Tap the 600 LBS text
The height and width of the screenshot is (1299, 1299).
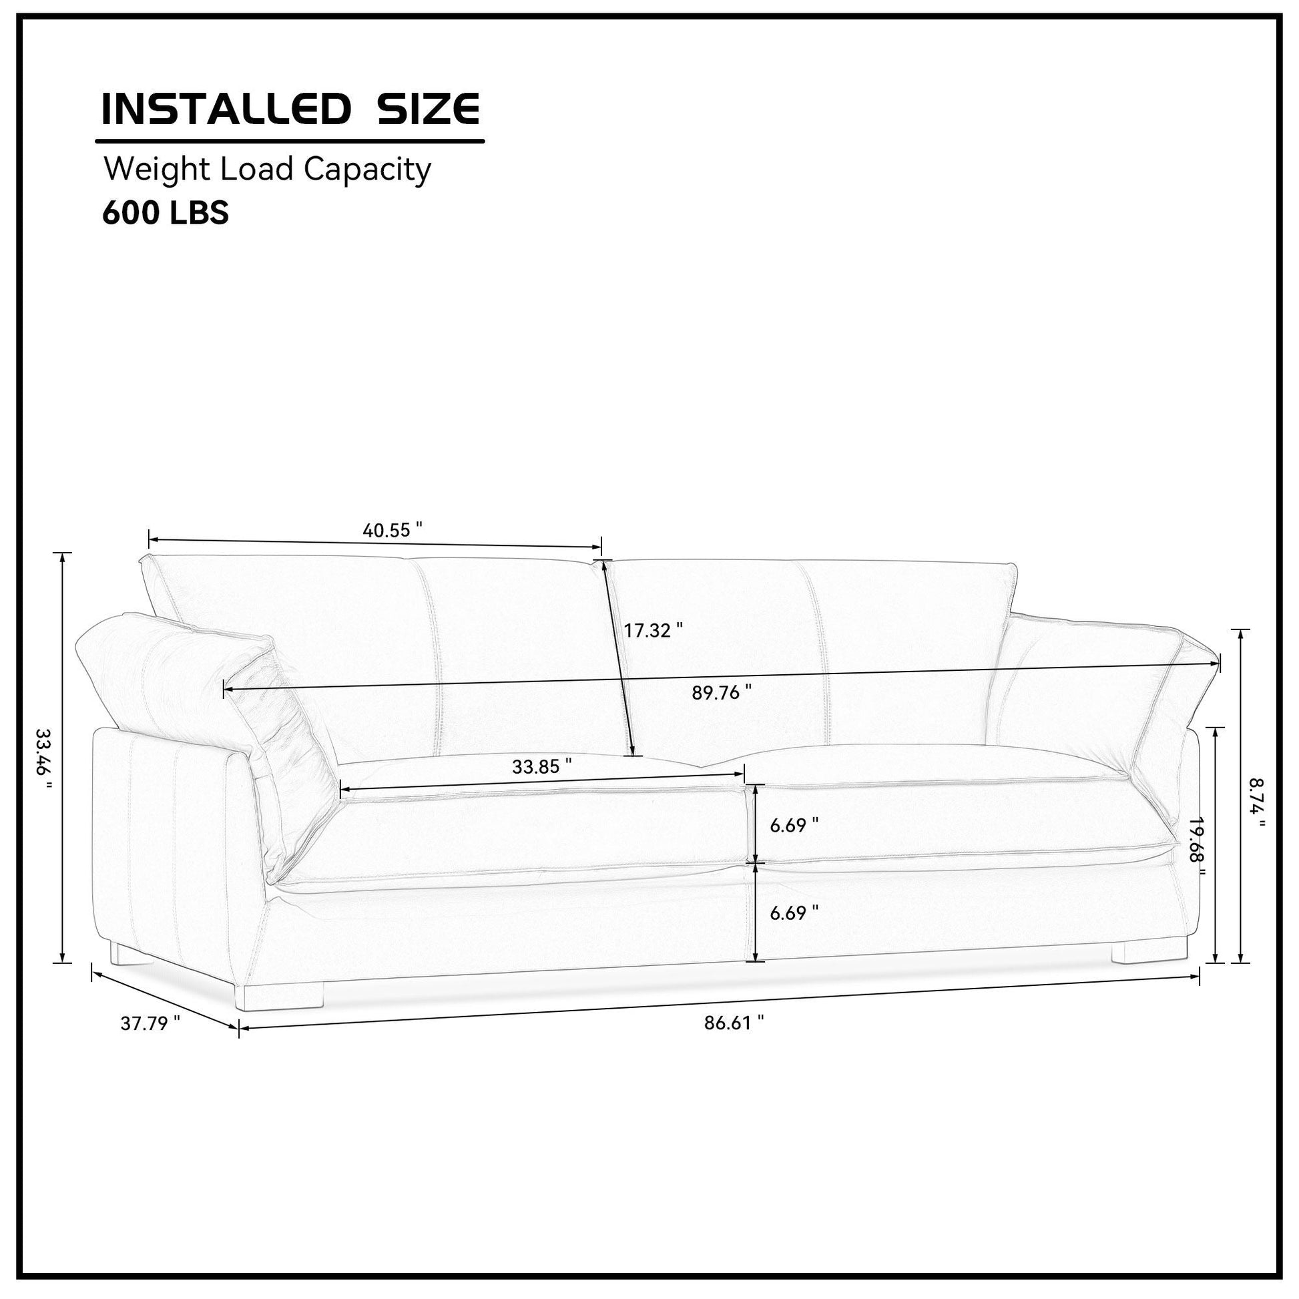click(166, 212)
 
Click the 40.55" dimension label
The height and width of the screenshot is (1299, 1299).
click(393, 531)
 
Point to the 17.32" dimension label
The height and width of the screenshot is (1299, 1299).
click(653, 630)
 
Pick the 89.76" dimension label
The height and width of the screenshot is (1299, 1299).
click(722, 692)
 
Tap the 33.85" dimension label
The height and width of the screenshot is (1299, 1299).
click(542, 766)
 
